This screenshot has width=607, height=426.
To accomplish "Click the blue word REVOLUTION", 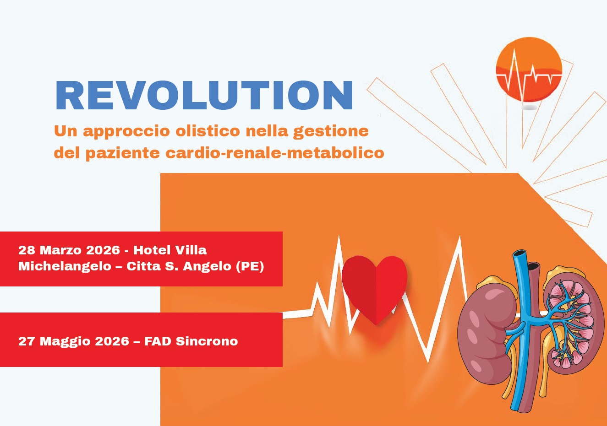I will (x=204, y=96).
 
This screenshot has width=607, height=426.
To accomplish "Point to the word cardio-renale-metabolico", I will (x=275, y=152).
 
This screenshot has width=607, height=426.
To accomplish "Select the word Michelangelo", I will (x=65, y=266).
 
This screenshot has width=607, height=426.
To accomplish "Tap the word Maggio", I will (x=61, y=341).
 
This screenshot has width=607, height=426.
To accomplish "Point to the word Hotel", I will (x=151, y=250).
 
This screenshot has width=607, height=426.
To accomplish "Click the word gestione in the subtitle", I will (x=331, y=132).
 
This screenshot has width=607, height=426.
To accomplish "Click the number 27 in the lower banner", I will (x=27, y=341).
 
